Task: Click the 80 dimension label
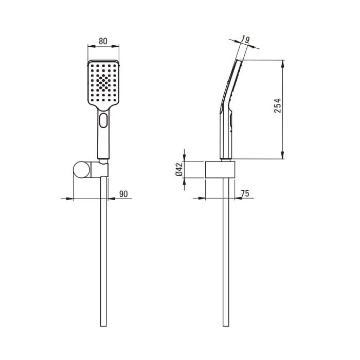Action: [x=103, y=41]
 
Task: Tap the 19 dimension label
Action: [x=245, y=40]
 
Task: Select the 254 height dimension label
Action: [x=277, y=105]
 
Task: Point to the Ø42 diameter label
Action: [x=179, y=169]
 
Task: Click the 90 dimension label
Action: [x=123, y=194]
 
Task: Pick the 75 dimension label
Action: [x=245, y=193]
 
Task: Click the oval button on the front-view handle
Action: [x=103, y=120]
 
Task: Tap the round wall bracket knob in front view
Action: [x=82, y=170]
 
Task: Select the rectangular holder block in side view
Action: [x=220, y=170]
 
